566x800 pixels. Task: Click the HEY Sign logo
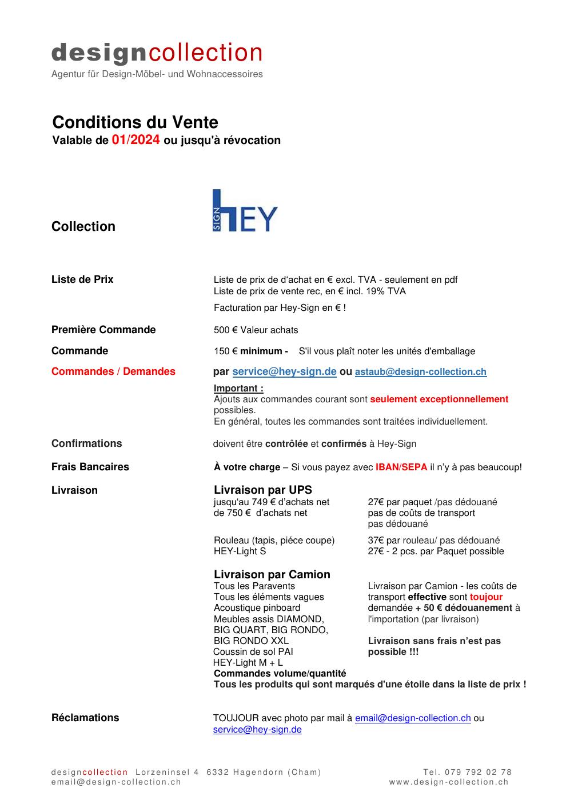(x=245, y=210)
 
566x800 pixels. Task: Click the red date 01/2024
(x=135, y=140)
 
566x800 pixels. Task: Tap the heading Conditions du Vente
(x=135, y=122)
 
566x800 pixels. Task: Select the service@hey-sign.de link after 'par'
(x=284, y=371)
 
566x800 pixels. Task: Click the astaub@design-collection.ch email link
(x=420, y=372)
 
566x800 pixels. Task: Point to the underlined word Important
(x=238, y=389)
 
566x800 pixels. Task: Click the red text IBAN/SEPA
(x=401, y=467)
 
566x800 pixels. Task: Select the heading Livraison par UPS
(x=262, y=490)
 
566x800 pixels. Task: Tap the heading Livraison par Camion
(x=272, y=574)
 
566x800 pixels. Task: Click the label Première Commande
(x=103, y=330)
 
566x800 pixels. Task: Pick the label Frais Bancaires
(x=90, y=467)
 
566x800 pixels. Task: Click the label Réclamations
(x=85, y=718)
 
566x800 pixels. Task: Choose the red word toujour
(x=486, y=597)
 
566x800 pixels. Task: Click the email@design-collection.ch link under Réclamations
(x=412, y=718)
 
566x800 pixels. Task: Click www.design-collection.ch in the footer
(x=449, y=782)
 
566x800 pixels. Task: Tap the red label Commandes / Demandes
(x=113, y=371)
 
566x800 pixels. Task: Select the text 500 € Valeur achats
(x=256, y=330)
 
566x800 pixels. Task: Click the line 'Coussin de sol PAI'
(x=253, y=651)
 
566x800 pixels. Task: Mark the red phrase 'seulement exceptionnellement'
(x=439, y=399)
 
